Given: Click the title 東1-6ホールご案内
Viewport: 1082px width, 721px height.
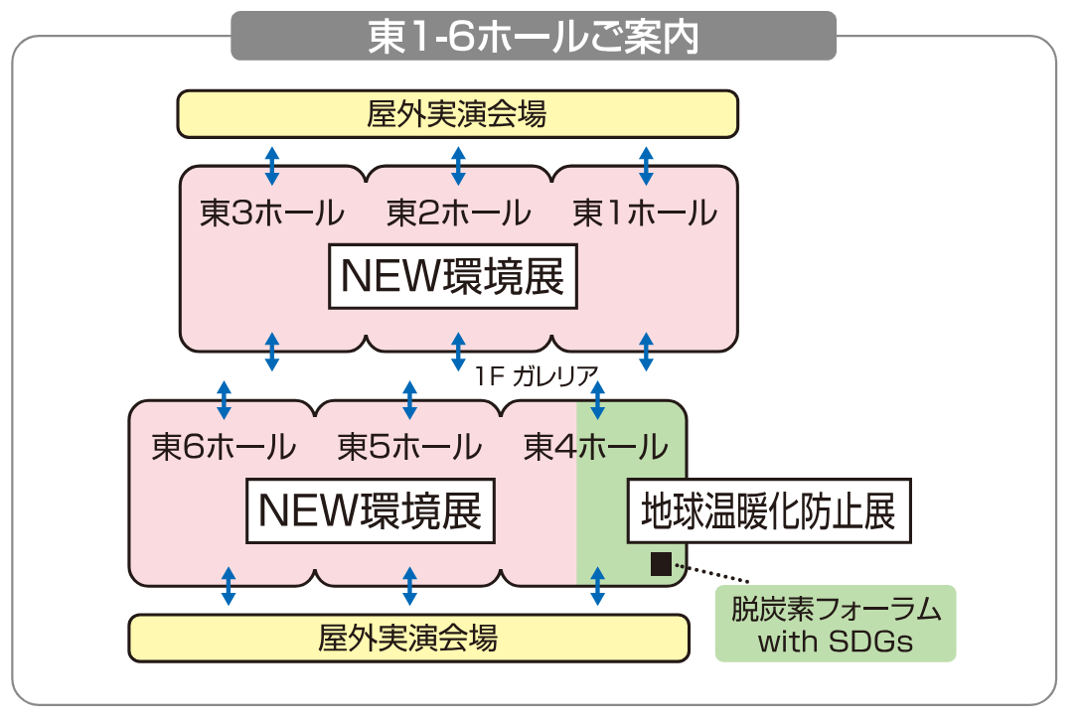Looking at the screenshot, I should [x=534, y=36].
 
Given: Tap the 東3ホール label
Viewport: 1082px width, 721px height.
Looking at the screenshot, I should [x=271, y=214].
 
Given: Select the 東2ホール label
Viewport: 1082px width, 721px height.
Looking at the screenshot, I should [x=458, y=214].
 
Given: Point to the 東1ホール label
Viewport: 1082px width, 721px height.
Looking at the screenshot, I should [x=645, y=214].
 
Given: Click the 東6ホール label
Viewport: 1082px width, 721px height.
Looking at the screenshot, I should [x=224, y=447].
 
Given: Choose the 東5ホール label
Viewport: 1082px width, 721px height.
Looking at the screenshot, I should [x=409, y=447].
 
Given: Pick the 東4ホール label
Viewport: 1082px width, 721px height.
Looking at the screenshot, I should [x=596, y=447].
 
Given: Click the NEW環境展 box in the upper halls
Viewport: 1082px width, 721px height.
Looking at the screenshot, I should [x=453, y=277].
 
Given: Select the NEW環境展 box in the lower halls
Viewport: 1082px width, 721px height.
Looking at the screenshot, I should [x=370, y=511].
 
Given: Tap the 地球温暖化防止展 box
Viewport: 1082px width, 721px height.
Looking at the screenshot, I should [x=768, y=511].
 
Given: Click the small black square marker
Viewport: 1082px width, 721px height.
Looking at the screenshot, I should [x=661, y=564].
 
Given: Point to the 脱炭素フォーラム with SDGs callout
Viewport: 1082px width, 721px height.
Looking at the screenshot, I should [x=836, y=624].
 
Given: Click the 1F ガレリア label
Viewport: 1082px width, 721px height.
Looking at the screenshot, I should [x=537, y=376].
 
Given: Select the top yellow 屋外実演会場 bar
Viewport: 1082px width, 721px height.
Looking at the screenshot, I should [x=457, y=114].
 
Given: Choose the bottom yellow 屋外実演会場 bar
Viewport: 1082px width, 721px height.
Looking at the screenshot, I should [x=408, y=638].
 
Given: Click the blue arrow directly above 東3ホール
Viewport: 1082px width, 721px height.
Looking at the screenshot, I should [x=272, y=166].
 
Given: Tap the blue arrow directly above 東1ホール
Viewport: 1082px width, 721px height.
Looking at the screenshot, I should [x=646, y=166].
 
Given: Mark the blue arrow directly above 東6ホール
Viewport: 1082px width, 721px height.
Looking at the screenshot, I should [x=225, y=399].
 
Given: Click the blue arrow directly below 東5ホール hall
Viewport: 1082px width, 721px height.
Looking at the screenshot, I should [x=410, y=586].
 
